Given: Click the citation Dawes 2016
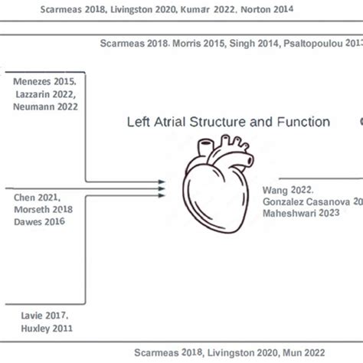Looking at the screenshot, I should coord(38,221).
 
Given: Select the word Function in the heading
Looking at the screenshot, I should coord(302,122).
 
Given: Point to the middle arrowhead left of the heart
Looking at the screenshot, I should coord(161,187).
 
